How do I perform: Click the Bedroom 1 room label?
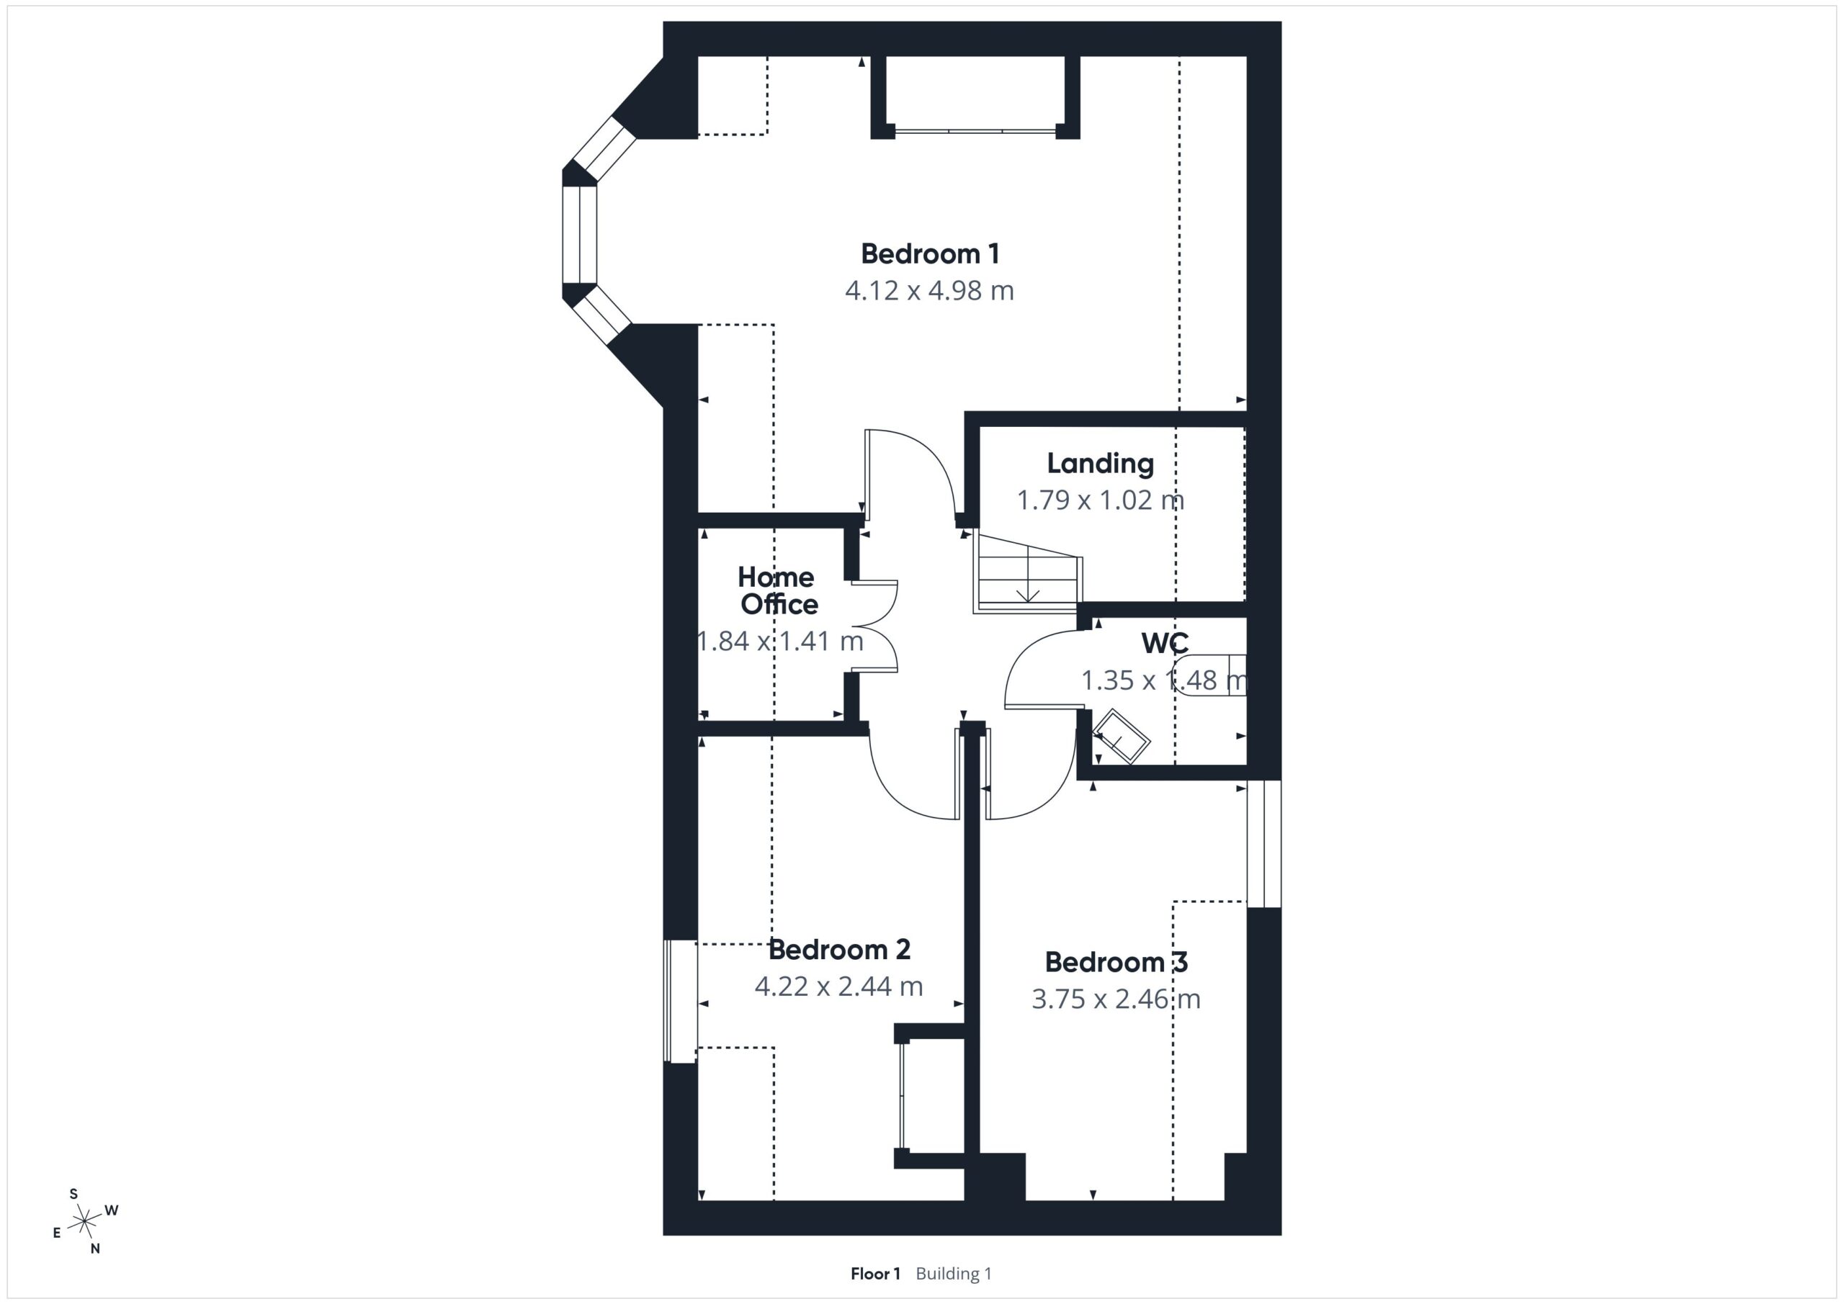tap(930, 253)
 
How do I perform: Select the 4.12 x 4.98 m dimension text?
tap(929, 291)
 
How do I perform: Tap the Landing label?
tap(1101, 463)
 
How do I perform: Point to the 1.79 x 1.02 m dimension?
tap(1101, 500)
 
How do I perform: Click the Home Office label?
tap(776, 590)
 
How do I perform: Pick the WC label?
tap(1165, 643)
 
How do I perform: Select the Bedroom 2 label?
tap(839, 949)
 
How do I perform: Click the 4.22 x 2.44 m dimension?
tap(838, 986)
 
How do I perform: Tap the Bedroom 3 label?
tap(1116, 962)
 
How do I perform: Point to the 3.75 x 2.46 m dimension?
tap(1116, 999)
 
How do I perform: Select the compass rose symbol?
tap(84, 1222)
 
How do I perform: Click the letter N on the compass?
tap(95, 1249)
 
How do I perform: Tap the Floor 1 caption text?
tap(875, 1274)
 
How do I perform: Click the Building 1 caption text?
tap(954, 1274)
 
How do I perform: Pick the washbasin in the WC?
tap(1122, 735)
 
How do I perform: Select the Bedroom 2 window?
tap(680, 1002)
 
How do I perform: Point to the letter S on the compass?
tap(74, 1194)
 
